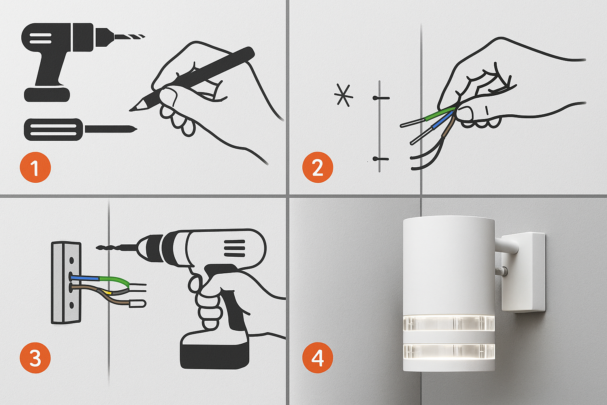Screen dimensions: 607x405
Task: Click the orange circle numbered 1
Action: (x=35, y=167)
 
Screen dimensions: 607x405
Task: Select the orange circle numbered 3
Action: (x=35, y=358)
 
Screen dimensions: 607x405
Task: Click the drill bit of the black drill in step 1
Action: (x=130, y=36)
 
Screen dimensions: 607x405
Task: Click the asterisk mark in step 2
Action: (x=343, y=95)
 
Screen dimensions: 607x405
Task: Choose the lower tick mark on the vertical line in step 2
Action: (x=381, y=159)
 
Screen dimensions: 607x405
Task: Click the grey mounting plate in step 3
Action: (x=66, y=283)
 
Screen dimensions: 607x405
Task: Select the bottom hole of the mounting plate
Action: (x=72, y=305)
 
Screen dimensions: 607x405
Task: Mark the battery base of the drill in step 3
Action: (x=215, y=350)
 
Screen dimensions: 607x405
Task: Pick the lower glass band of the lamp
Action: (x=449, y=352)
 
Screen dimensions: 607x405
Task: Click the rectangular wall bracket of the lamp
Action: (x=523, y=272)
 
